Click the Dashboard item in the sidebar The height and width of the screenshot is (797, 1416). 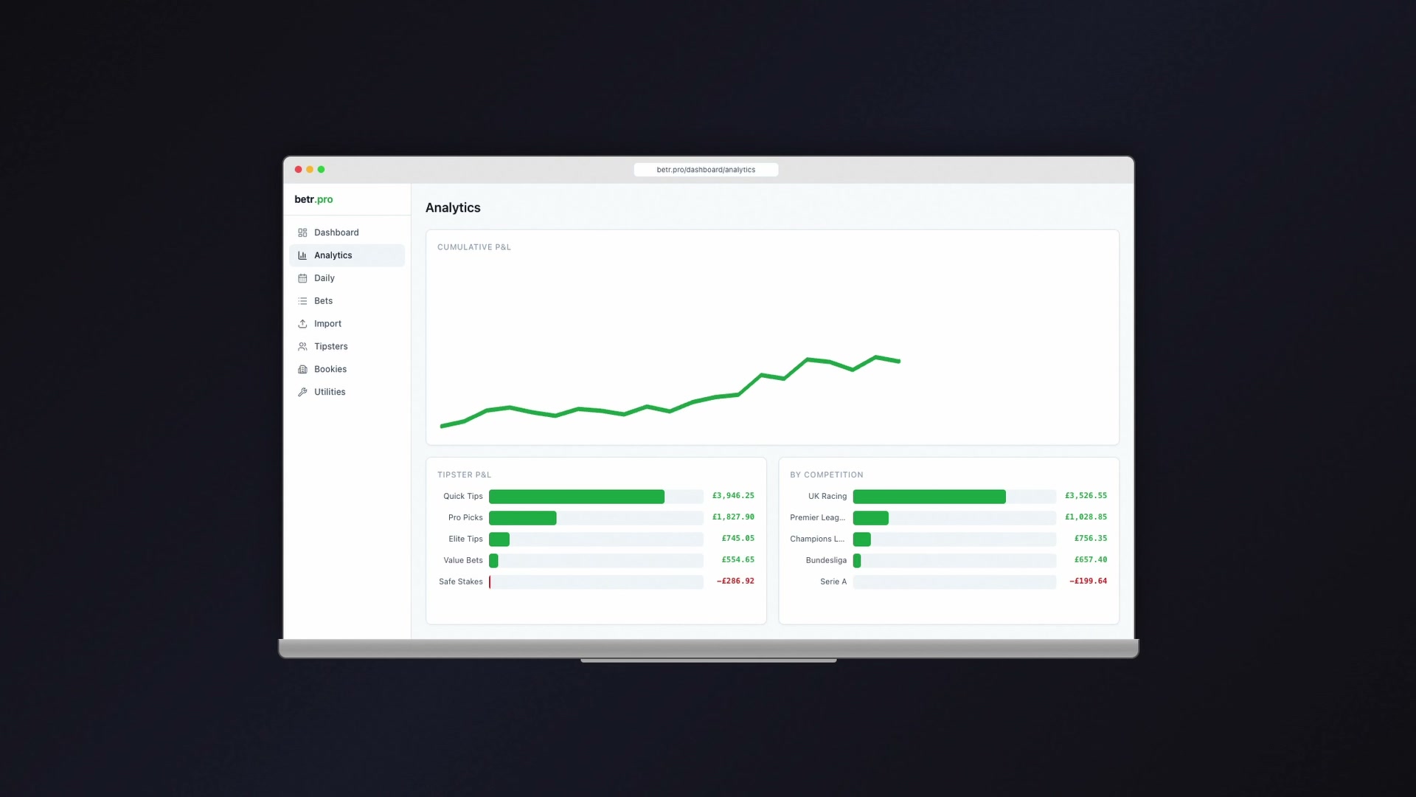(336, 232)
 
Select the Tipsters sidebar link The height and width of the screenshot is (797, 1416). (330, 346)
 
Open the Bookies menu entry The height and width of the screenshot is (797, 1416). (330, 369)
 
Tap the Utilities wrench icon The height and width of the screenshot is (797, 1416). (302, 392)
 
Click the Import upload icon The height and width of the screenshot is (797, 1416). (302, 324)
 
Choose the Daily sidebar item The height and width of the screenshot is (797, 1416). (324, 278)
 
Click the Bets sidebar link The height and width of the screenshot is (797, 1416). (323, 301)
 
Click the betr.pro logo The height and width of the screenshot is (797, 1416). (313, 199)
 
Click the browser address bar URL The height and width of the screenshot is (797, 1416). (706, 170)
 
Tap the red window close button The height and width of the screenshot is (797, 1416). (299, 170)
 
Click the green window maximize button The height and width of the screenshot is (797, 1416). (321, 170)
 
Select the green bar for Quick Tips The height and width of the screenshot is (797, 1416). (576, 497)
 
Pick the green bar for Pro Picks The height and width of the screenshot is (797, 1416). (522, 518)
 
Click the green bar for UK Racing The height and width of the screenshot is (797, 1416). (929, 497)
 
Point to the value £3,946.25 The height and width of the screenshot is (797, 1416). (733, 496)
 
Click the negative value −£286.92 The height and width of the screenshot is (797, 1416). (735, 582)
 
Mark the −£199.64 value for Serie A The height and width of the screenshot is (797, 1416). (1088, 582)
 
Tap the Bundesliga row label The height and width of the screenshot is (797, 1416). (826, 560)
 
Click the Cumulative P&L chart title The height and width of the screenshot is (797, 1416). (473, 247)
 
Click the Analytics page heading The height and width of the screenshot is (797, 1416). (453, 208)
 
